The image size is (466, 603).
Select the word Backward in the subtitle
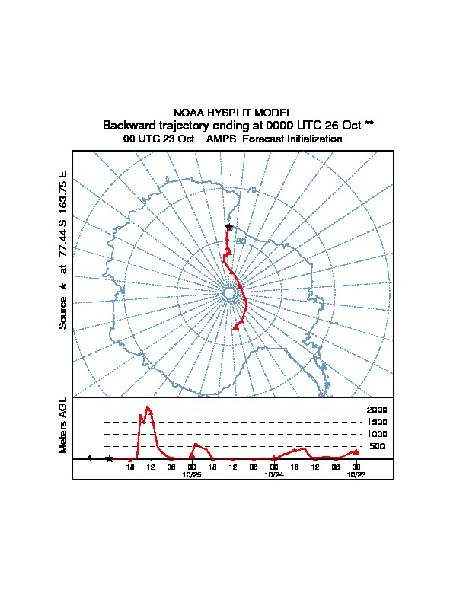(129, 125)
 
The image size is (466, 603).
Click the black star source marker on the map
(228, 227)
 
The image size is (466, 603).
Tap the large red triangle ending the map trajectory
(236, 326)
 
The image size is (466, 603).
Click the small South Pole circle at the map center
(229, 293)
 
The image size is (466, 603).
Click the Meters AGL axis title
(63, 425)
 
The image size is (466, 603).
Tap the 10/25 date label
(192, 474)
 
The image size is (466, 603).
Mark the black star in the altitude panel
(110, 458)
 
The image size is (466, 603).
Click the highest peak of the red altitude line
(148, 407)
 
